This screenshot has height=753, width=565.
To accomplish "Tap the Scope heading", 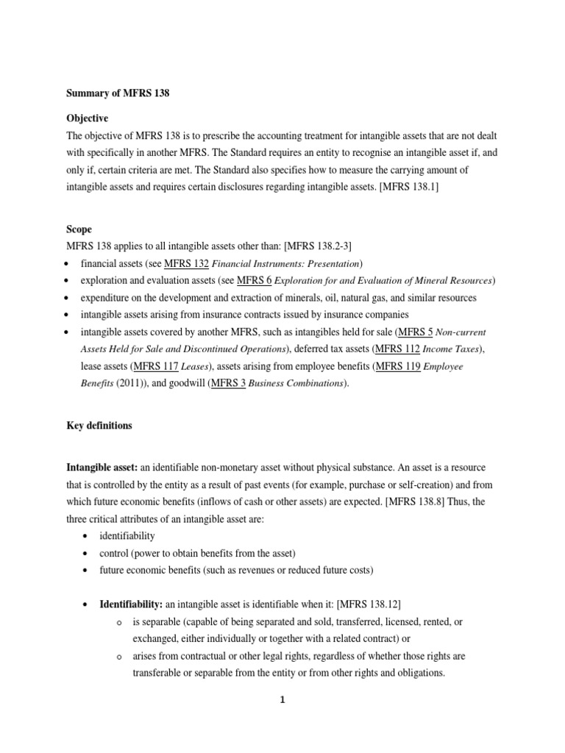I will (79, 229).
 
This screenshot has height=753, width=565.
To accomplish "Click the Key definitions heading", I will (99, 426).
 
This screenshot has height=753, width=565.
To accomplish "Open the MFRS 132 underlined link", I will (187, 264).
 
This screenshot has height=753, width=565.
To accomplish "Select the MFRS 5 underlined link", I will (427, 332).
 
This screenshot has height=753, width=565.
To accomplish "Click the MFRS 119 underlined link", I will (398, 366).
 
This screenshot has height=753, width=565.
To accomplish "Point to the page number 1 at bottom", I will (282, 700).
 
